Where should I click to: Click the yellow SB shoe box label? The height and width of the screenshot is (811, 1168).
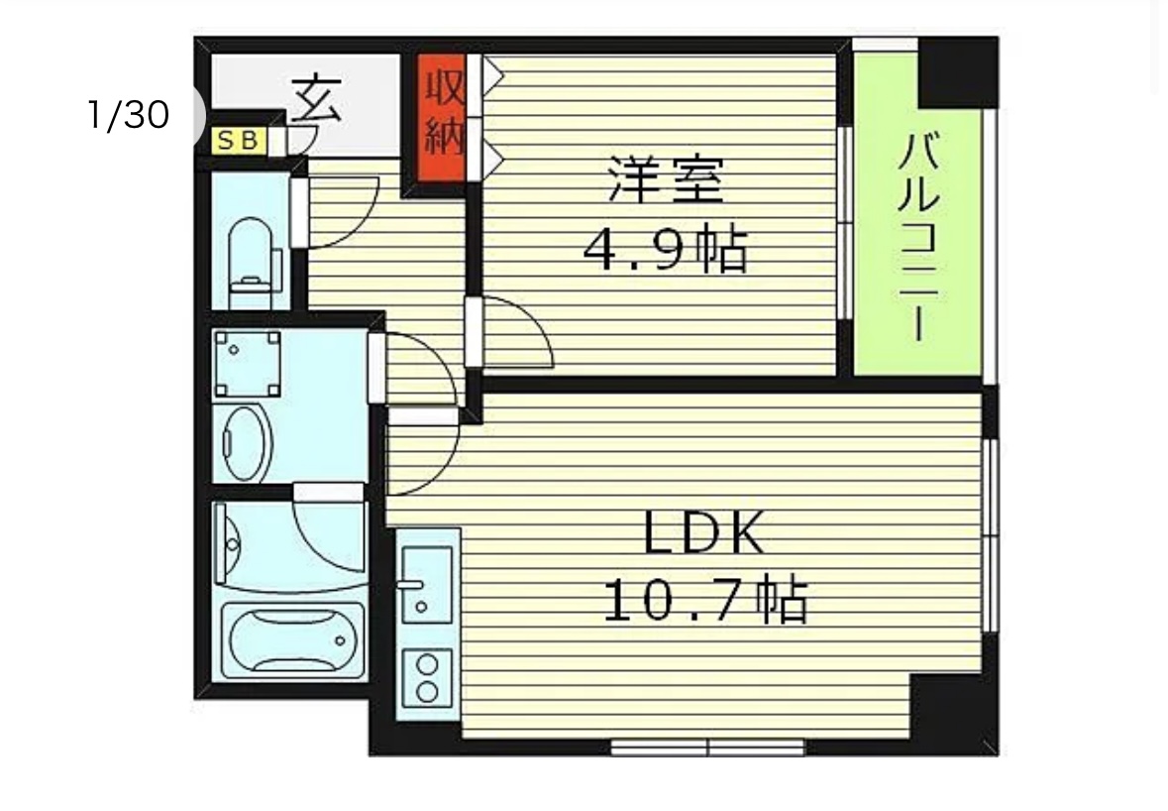tap(239, 140)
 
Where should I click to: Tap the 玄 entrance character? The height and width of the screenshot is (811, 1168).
tap(317, 99)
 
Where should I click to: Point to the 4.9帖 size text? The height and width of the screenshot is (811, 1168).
tap(665, 251)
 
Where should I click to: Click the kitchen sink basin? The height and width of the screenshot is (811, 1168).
tap(427, 584)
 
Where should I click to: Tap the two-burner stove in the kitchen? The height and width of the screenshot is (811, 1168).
tap(427, 677)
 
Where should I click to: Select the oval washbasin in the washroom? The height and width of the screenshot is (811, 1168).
tap(247, 443)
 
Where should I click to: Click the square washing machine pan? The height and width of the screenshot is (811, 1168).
tap(248, 364)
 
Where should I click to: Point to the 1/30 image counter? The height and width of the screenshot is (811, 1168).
tap(129, 115)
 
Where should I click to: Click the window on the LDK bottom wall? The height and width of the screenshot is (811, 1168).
tap(707, 747)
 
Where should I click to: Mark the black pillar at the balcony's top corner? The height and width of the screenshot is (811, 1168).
tap(958, 72)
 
